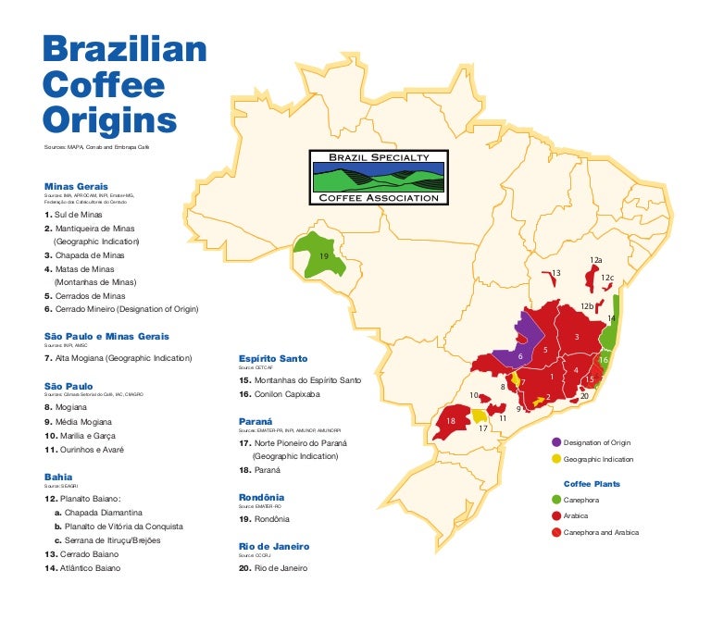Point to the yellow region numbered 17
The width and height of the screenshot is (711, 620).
tap(479, 417)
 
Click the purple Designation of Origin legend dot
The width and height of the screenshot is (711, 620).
tap(555, 442)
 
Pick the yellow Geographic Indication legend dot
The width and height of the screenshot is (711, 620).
tap(555, 459)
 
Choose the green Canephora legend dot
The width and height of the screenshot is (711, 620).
tap(555, 501)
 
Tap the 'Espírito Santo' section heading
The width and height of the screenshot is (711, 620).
tap(273, 358)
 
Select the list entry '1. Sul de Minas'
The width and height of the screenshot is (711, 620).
tap(73, 214)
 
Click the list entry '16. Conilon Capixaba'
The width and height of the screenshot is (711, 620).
tap(280, 393)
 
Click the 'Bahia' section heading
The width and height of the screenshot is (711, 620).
tap(59, 477)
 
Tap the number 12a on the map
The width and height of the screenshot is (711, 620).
tap(596, 260)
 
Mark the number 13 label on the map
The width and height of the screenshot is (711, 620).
tap(555, 273)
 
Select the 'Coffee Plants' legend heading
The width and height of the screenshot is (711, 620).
tap(592, 484)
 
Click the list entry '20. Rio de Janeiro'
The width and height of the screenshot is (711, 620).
tap(273, 568)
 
